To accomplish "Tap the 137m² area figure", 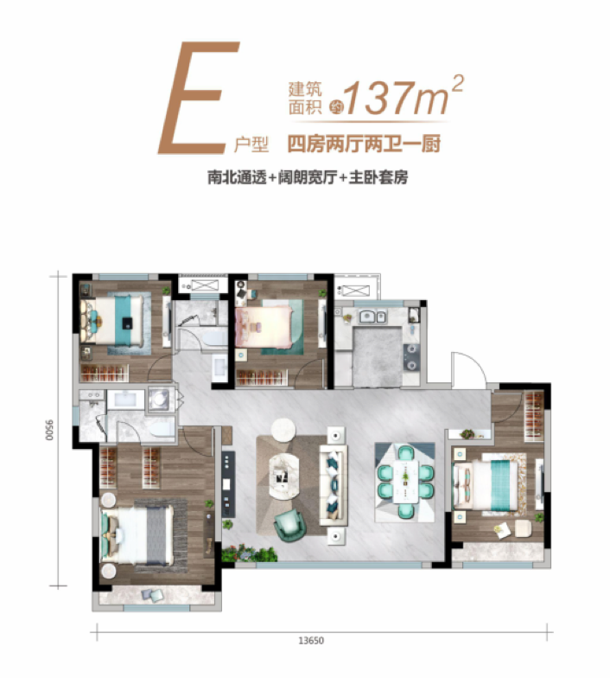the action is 403,97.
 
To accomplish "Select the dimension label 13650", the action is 311,640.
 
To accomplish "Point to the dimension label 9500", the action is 50,430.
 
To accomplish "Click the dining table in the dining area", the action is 405,482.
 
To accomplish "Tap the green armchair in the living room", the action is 289,526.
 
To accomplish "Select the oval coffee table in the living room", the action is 283,476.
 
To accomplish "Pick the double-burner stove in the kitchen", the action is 411,356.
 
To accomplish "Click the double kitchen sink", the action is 372,317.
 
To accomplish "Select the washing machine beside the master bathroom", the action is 159,399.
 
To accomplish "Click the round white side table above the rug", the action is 283,429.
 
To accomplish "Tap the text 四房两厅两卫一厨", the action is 364,144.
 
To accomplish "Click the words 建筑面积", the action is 306,99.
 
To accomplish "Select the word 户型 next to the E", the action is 251,144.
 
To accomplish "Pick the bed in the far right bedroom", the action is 485,484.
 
